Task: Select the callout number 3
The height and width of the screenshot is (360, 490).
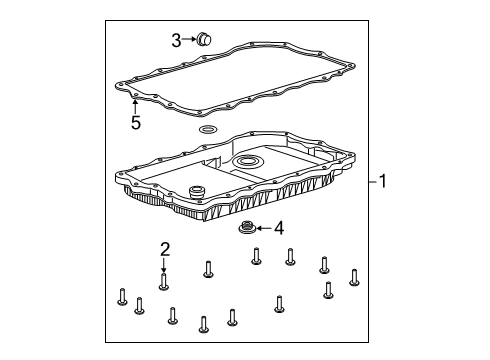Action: (x=175, y=40)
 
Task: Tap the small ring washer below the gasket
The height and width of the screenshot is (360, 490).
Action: (x=208, y=131)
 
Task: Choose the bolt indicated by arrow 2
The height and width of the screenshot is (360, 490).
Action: (x=164, y=282)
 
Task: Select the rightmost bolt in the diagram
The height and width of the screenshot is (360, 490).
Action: (x=354, y=276)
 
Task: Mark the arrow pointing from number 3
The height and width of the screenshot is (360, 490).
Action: (x=189, y=40)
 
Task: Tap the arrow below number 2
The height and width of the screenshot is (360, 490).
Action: (x=164, y=265)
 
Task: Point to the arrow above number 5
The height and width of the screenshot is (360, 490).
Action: (x=136, y=106)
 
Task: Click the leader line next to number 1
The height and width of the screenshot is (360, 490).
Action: (x=371, y=182)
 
